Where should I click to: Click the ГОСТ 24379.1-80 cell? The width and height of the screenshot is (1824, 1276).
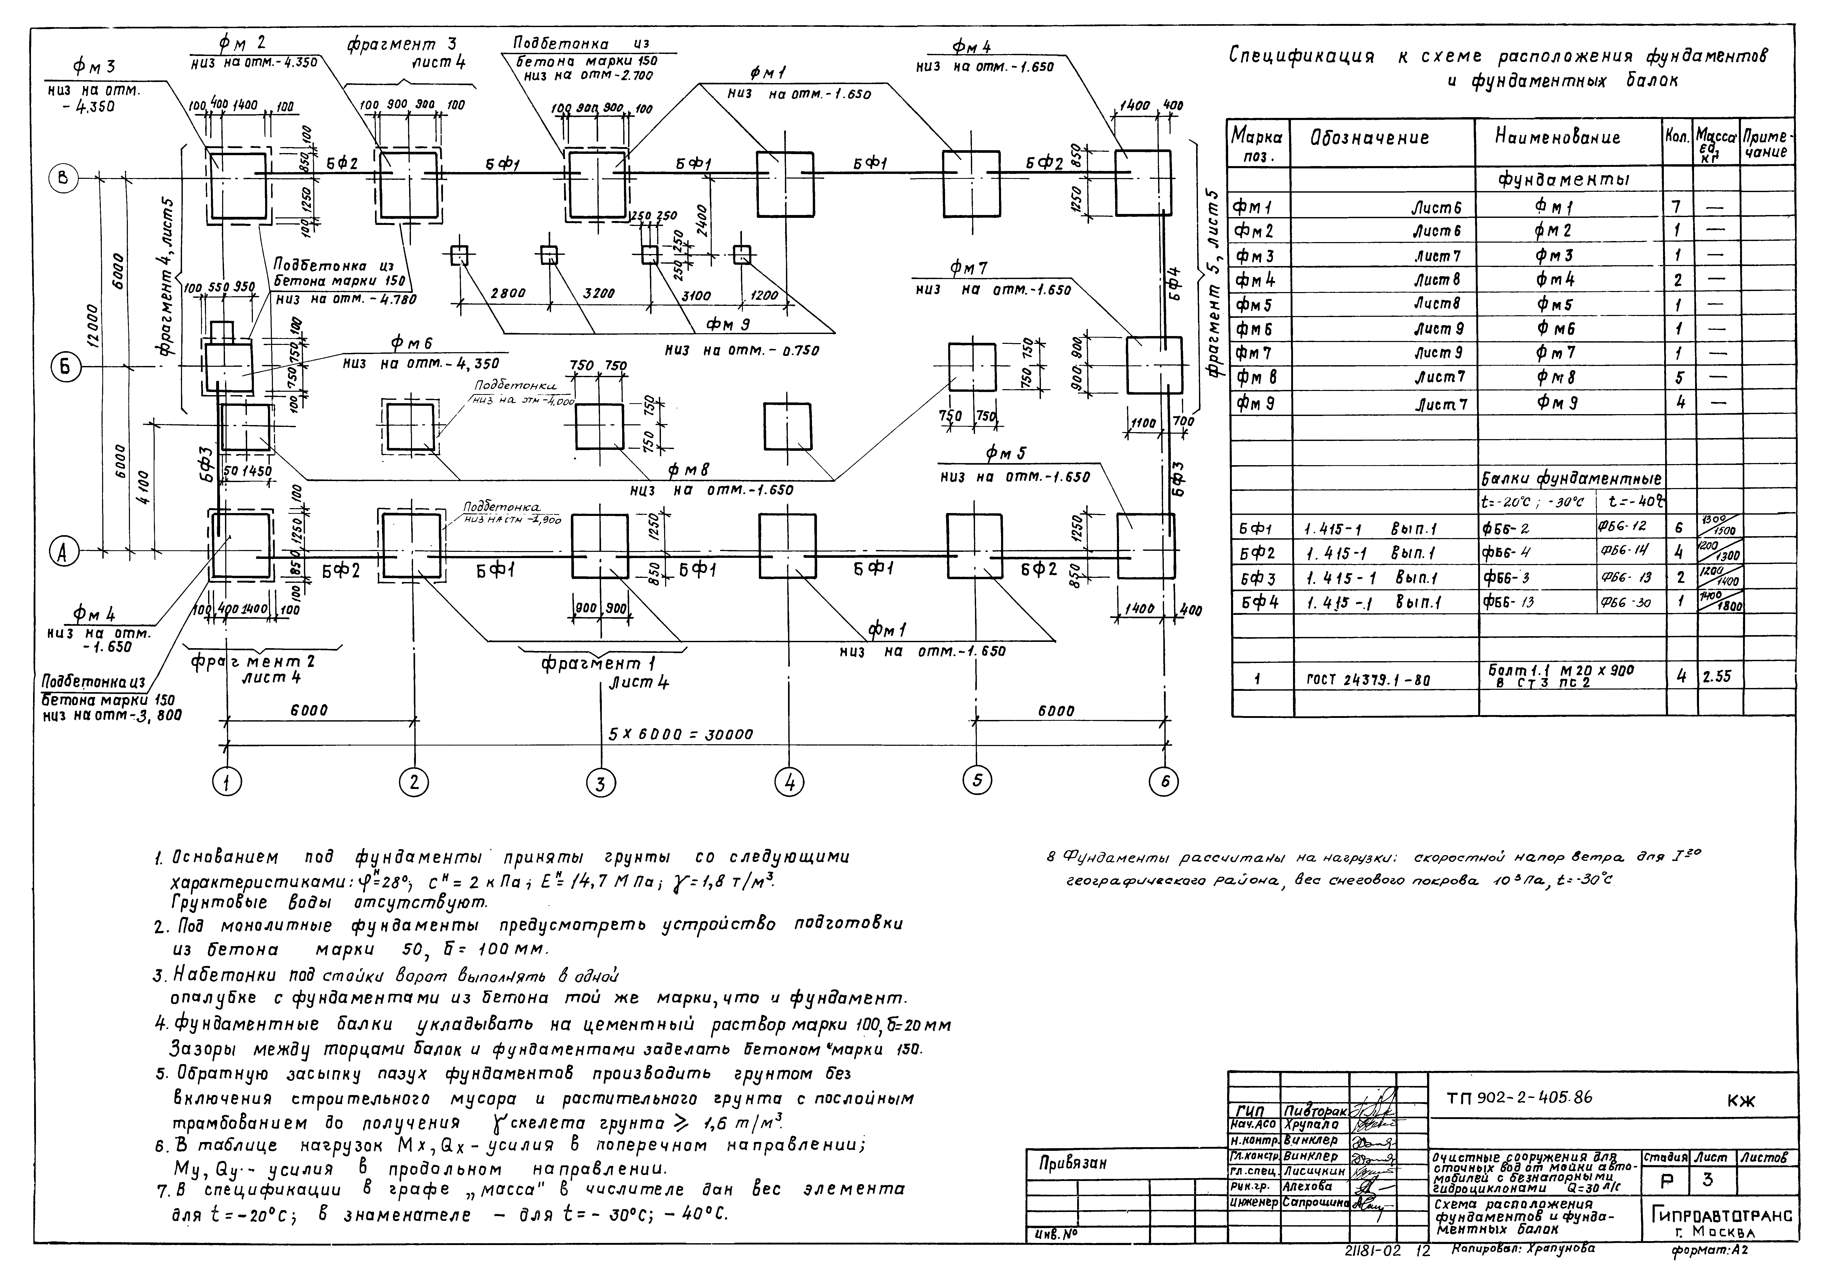[1368, 680]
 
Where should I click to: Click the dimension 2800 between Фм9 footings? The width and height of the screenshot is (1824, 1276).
[508, 293]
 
